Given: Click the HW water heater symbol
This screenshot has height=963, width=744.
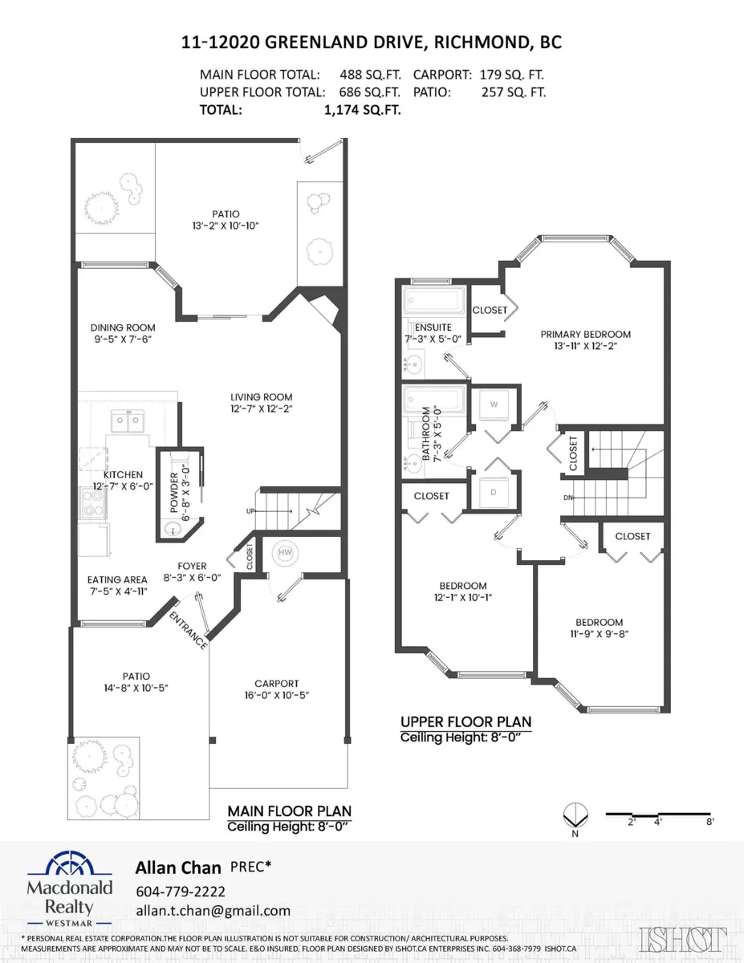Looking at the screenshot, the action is (x=285, y=553).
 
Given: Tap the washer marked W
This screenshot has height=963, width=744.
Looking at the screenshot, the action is (x=494, y=405).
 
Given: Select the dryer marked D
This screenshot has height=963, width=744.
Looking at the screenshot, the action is (x=494, y=493).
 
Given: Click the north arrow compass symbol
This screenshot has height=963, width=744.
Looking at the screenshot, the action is (x=575, y=816).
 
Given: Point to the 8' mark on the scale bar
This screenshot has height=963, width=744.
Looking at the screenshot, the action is (x=710, y=821).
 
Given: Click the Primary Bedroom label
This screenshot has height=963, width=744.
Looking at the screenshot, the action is (x=585, y=334).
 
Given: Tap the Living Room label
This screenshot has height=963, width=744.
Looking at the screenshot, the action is (x=261, y=397).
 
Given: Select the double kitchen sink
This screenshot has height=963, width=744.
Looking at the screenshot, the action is (x=128, y=421).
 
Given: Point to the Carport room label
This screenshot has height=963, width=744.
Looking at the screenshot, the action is (x=277, y=684).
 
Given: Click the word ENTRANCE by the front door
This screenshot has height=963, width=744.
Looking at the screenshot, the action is (x=189, y=631).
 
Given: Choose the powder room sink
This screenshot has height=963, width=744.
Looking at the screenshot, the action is (x=171, y=529).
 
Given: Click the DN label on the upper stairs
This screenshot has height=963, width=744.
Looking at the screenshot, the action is (x=568, y=498).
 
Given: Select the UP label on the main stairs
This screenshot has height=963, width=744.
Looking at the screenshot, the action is (x=250, y=511).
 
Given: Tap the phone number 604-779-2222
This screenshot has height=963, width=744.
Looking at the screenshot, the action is (x=181, y=892).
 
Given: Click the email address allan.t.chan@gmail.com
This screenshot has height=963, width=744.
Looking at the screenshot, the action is (x=213, y=911).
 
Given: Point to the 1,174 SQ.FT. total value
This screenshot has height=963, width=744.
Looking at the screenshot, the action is (x=363, y=110).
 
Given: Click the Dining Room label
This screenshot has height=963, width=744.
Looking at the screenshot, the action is (x=123, y=327).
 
